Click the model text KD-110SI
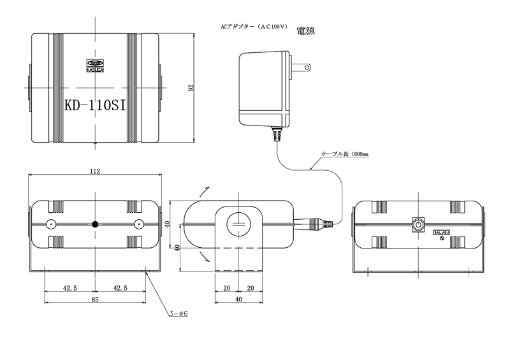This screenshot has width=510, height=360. (95, 104)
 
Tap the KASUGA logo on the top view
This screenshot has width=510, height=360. (95, 65)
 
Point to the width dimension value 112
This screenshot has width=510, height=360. (95, 171)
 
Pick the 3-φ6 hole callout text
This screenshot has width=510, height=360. (180, 313)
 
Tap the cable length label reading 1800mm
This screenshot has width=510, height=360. (345, 155)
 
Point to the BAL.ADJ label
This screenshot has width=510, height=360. (442, 233)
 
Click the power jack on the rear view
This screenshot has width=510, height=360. (418, 224)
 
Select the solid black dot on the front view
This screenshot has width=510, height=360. (95, 224)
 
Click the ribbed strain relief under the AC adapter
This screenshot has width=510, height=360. (277, 134)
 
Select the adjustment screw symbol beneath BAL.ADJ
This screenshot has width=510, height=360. (441, 239)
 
